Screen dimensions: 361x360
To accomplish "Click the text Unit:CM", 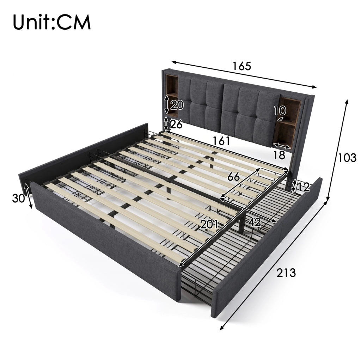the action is coord(52,22).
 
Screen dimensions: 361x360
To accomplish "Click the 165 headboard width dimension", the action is coord(241,66).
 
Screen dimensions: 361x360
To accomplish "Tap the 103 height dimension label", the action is coord(347,158).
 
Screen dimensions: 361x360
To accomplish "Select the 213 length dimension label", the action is coord(286,273).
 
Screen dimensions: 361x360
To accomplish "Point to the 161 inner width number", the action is coord(221,141).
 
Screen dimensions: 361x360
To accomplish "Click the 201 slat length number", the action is coord(209,224).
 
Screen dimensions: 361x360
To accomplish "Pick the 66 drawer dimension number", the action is coord(234,177).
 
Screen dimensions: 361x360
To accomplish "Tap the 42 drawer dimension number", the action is coord(255,222).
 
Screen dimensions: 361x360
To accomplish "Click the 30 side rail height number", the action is coord(18,198).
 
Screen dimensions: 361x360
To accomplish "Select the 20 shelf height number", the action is coord(177,105).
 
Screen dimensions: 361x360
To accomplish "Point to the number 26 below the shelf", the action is coord(176,124).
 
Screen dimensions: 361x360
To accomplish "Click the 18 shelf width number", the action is coord(279,155).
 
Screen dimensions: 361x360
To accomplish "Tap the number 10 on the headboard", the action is coord(280,111).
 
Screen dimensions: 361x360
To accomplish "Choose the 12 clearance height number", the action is coord(304,187).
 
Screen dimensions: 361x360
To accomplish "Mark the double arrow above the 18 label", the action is coord(282,146).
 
